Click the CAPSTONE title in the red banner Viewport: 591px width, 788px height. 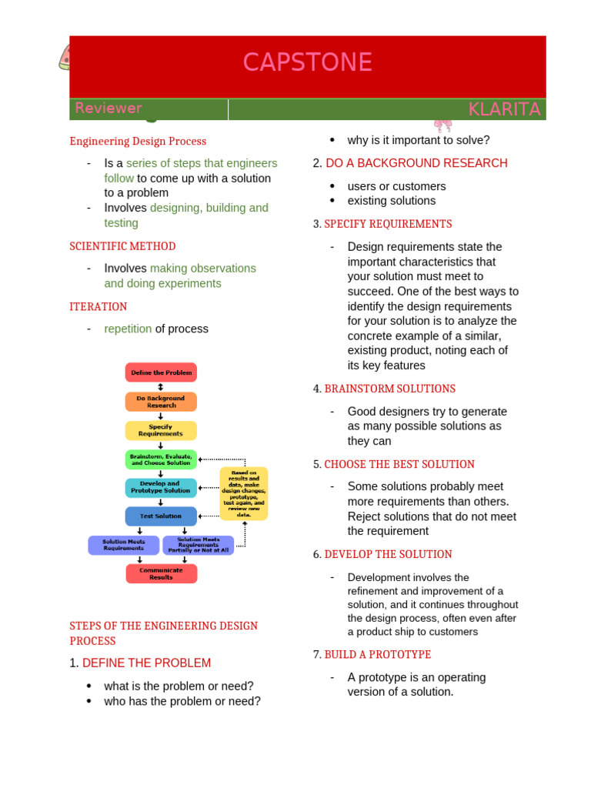click(307, 62)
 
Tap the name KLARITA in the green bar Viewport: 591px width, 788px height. click(504, 109)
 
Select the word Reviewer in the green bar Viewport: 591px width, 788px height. click(109, 109)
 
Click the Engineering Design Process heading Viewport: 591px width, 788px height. click(138, 141)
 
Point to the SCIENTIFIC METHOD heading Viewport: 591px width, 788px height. click(122, 246)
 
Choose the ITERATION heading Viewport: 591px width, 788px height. click(98, 306)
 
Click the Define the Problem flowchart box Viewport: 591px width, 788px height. click(161, 372)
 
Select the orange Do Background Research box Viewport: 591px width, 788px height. click(161, 402)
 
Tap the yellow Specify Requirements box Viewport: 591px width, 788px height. click(161, 430)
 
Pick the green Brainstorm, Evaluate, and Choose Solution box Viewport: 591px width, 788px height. click(161, 459)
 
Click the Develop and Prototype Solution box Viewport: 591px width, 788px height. click(161, 487)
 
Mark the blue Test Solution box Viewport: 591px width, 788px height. click(161, 516)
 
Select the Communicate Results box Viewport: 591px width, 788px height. click(161, 573)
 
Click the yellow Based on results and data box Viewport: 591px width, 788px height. click(244, 493)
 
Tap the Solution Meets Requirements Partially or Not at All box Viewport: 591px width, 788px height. click(198, 545)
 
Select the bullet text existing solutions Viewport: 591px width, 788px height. click(391, 201)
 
